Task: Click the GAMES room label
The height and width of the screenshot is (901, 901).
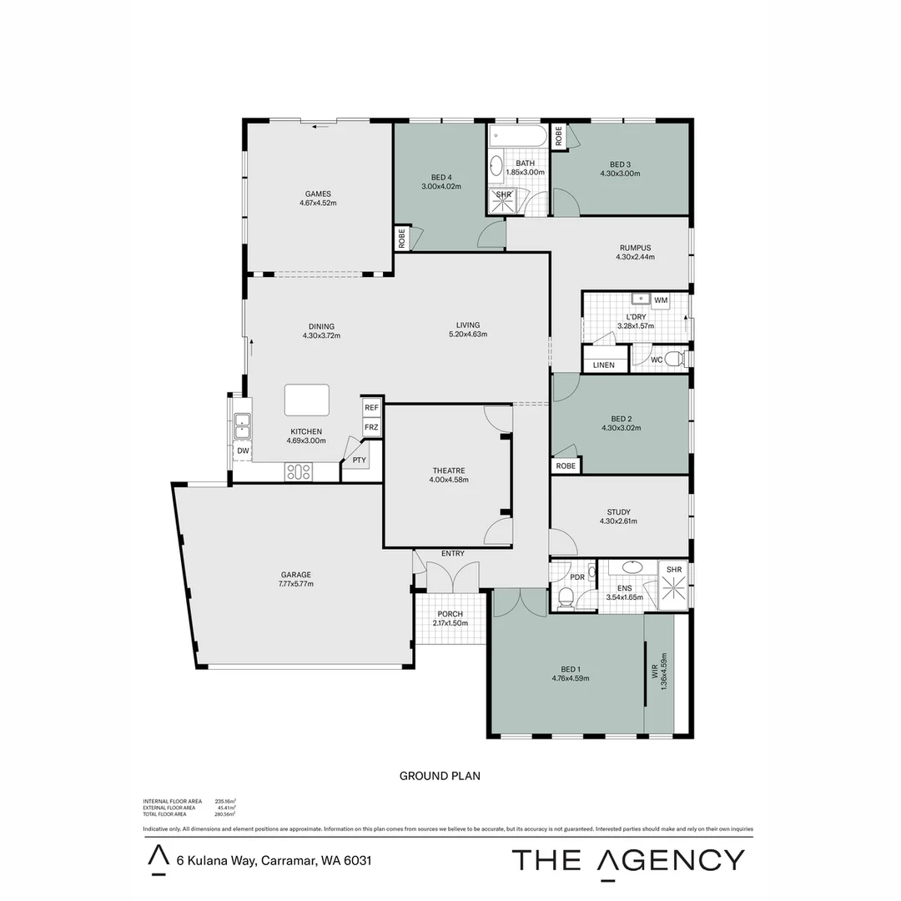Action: click(317, 194)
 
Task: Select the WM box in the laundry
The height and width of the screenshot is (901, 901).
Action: click(662, 299)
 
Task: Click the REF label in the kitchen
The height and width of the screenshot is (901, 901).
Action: click(371, 407)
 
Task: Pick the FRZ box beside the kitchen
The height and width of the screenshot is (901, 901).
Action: click(371, 427)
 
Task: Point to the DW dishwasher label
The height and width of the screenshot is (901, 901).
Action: click(243, 450)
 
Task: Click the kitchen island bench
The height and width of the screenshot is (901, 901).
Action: click(306, 400)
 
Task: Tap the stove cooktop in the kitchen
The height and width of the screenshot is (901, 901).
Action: click(299, 472)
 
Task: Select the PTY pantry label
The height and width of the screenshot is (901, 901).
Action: click(359, 460)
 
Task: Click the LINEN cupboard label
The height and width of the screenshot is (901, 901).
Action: click(603, 365)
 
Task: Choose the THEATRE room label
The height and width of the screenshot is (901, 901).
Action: click(449, 470)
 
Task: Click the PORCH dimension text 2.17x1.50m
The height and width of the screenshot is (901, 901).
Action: click(450, 623)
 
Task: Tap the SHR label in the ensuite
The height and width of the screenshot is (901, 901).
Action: click(674, 570)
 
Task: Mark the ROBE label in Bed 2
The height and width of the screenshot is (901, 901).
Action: click(566, 466)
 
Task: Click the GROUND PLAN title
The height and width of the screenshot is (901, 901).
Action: click(440, 776)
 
